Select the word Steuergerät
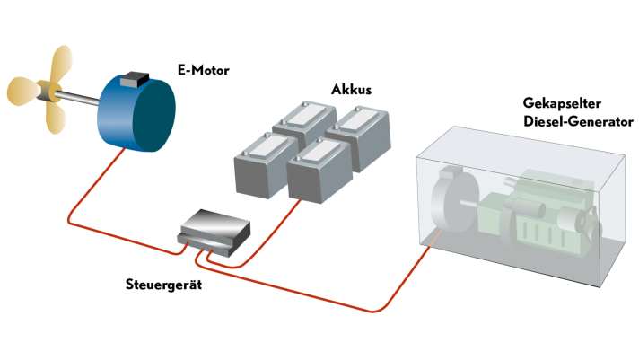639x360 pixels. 162,285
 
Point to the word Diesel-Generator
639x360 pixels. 578,120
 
